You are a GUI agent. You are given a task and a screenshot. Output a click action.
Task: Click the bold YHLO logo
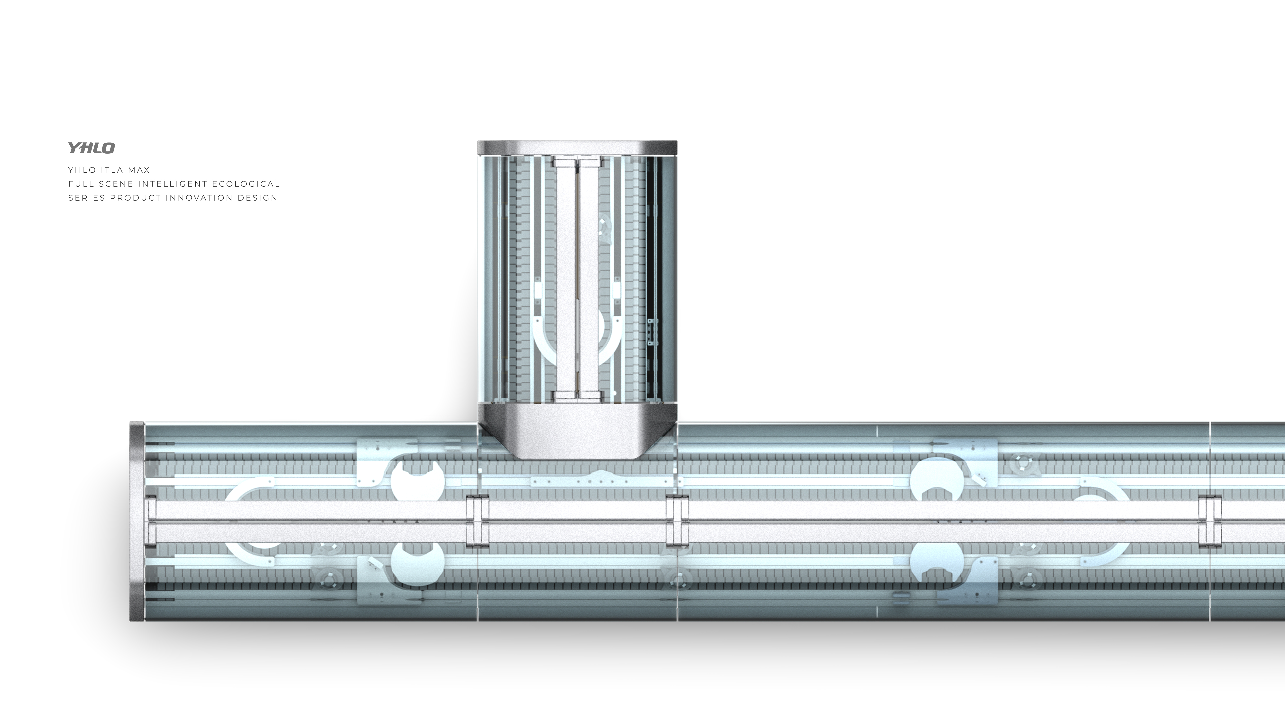91,148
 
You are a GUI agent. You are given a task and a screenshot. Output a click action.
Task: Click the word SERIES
87,198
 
